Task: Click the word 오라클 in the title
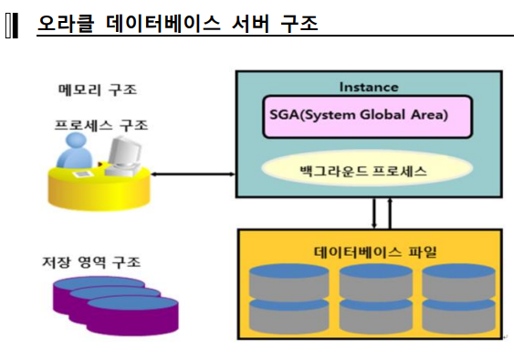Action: click(66, 23)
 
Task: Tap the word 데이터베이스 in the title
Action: click(162, 23)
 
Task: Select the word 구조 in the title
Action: click(299, 23)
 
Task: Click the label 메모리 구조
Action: click(98, 90)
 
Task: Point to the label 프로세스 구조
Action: click(101, 125)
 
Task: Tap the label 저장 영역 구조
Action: click(91, 262)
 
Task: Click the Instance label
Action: click(369, 87)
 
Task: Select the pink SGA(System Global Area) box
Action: click(368, 116)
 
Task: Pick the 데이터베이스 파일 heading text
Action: click(375, 251)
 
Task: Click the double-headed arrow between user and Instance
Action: click(193, 174)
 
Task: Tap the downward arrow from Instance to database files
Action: click(374, 214)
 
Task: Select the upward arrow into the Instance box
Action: click(390, 214)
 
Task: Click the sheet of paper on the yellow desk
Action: click(83, 174)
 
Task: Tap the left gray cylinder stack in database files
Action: click(289, 299)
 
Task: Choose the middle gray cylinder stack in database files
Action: click(376, 299)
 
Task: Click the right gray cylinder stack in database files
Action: click(459, 299)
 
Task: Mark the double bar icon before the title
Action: click(12, 26)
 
